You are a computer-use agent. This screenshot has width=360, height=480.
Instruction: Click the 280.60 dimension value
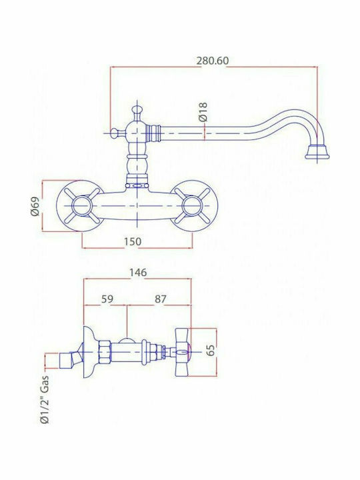pyautogui.click(x=213, y=61)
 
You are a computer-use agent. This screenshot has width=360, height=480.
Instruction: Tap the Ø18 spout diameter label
pyautogui.click(x=203, y=112)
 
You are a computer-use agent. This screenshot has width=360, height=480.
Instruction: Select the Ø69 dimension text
pyautogui.click(x=35, y=206)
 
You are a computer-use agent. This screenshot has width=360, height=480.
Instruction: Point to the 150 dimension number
pyautogui.click(x=133, y=241)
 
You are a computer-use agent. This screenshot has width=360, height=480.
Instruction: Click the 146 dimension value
pyautogui.click(x=138, y=272)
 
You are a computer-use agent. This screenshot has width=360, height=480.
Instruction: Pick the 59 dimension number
pyautogui.click(x=107, y=299)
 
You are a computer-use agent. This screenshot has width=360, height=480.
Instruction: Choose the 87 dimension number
pyautogui.click(x=160, y=299)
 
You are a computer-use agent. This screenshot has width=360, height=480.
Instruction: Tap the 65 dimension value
pyautogui.click(x=211, y=350)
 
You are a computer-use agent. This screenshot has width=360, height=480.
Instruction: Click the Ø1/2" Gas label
pyautogui.click(x=45, y=399)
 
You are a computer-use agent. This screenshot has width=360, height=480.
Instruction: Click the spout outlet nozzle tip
pyautogui.click(x=317, y=153)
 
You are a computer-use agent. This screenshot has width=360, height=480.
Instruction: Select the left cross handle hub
pyautogui.click(x=82, y=205)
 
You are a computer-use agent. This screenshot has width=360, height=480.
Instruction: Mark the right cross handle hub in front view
pyautogui.click(x=193, y=205)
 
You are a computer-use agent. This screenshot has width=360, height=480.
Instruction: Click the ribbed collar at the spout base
pyautogui.click(x=155, y=133)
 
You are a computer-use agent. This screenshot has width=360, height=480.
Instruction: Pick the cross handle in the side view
pyautogui.click(x=183, y=352)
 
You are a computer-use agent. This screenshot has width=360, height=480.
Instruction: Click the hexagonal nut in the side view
pyautogui.click(x=105, y=352)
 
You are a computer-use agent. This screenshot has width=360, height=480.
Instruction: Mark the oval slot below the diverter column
pyautogui.click(x=137, y=186)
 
